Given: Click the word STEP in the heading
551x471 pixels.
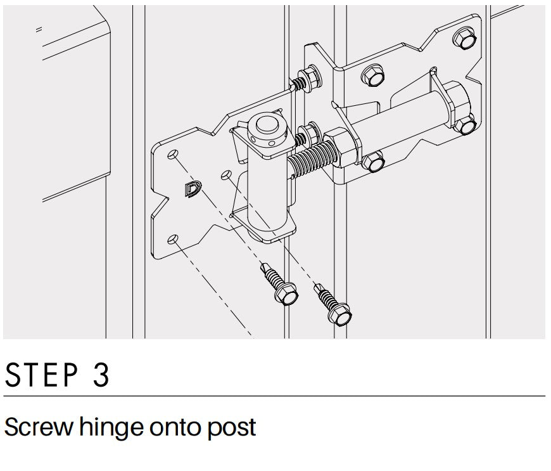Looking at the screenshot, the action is [41, 375].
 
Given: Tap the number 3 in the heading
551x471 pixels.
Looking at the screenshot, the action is [101, 375].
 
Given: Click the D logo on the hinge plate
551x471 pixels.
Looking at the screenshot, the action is [193, 189].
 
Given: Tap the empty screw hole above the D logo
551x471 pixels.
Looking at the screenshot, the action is [172, 154].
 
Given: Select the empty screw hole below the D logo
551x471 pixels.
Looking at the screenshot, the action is [172, 240].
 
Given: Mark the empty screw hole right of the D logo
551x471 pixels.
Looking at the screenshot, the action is [226, 175].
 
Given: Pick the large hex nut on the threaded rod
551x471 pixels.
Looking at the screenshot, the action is [341, 147].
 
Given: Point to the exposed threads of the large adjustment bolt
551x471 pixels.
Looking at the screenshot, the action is [311, 159].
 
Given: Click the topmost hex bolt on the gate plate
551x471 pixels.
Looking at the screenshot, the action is [465, 37].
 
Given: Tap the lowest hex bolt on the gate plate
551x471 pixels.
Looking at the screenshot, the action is [374, 162].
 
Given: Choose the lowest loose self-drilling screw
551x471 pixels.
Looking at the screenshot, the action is [332, 305].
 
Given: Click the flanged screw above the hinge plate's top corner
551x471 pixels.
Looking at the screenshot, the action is [307, 79].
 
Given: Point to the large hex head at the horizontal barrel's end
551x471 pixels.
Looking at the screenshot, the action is [456, 102].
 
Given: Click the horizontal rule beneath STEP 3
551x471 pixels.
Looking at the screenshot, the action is [274, 396].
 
